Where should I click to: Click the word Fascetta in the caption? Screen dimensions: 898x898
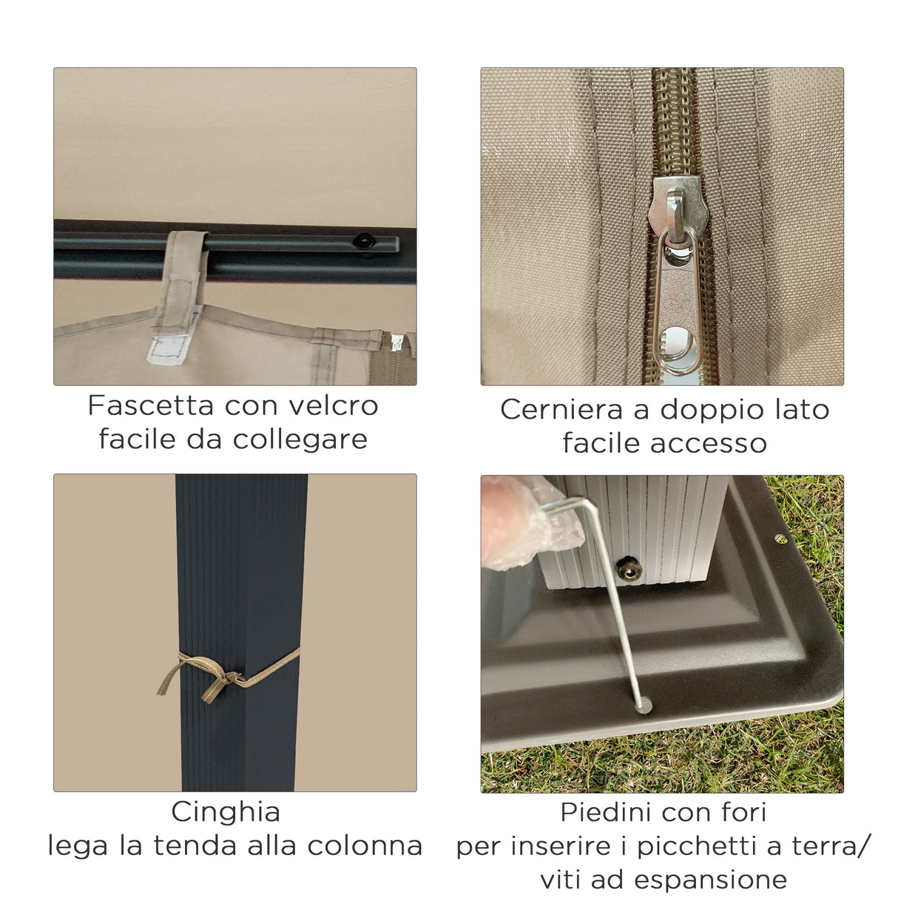pos(151,405)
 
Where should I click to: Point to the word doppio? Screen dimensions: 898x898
pos(704,410)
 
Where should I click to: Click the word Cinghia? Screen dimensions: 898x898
pos(226,812)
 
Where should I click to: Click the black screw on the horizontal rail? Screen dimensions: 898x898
pos(363,241)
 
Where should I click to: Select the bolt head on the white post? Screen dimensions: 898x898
pos(629,569)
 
